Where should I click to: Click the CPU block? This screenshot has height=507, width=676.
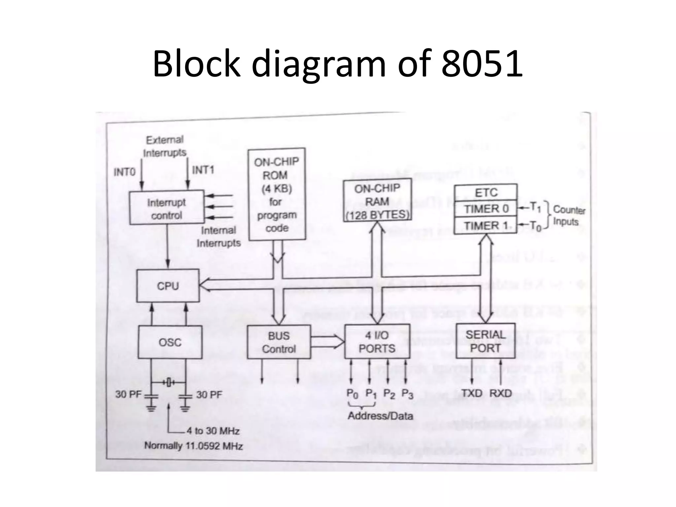tap(168, 286)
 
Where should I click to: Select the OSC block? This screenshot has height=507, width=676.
tap(170, 342)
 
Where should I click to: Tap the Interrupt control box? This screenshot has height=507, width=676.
tap(167, 208)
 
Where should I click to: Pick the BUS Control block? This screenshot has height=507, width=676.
tap(279, 342)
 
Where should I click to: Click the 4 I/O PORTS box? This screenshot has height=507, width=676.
tap(377, 342)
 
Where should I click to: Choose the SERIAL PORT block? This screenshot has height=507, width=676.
tap(485, 341)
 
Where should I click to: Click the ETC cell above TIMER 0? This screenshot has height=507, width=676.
tap(486, 192)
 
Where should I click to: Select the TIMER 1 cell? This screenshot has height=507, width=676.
tap(486, 226)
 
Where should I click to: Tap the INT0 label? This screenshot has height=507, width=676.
tap(124, 172)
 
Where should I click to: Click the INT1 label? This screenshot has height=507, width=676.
tap(203, 170)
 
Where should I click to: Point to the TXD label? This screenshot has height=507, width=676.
tap(472, 393)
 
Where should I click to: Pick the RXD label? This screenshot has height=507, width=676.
tap(500, 393)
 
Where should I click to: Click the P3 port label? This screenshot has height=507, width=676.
tap(407, 394)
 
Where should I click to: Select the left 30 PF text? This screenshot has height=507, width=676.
tap(128, 394)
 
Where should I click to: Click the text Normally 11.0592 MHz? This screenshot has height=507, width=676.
tap(193, 446)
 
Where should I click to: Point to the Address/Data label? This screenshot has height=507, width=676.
tap(380, 416)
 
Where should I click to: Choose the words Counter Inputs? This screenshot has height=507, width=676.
tap(569, 216)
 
